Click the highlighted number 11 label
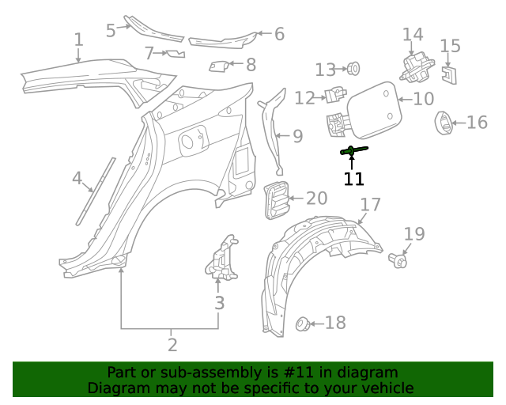353,179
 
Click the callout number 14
413,35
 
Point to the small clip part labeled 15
448,74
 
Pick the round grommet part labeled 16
444,123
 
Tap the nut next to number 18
301,323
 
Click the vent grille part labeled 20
274,199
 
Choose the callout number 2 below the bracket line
172,345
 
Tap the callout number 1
78,40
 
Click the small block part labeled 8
219,66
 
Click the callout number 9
297,136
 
